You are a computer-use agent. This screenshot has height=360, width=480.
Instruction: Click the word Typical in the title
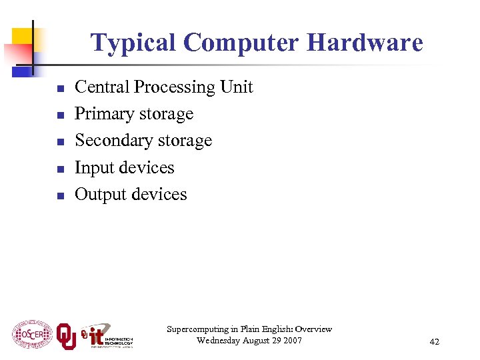click(133, 43)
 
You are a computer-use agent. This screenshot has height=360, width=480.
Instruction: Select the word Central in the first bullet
click(103, 87)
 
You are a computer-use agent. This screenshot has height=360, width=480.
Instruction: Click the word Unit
click(237, 87)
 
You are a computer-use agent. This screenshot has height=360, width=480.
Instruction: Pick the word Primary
click(102, 114)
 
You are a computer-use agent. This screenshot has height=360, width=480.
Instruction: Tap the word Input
click(93, 167)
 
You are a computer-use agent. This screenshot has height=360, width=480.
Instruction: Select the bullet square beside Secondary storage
click(59, 142)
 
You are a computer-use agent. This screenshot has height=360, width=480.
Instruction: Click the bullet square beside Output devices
click(59, 196)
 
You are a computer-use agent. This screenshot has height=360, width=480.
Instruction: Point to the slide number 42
click(434, 342)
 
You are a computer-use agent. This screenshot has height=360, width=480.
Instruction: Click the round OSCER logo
click(31, 334)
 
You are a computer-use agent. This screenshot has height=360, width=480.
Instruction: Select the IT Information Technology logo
click(107, 337)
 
